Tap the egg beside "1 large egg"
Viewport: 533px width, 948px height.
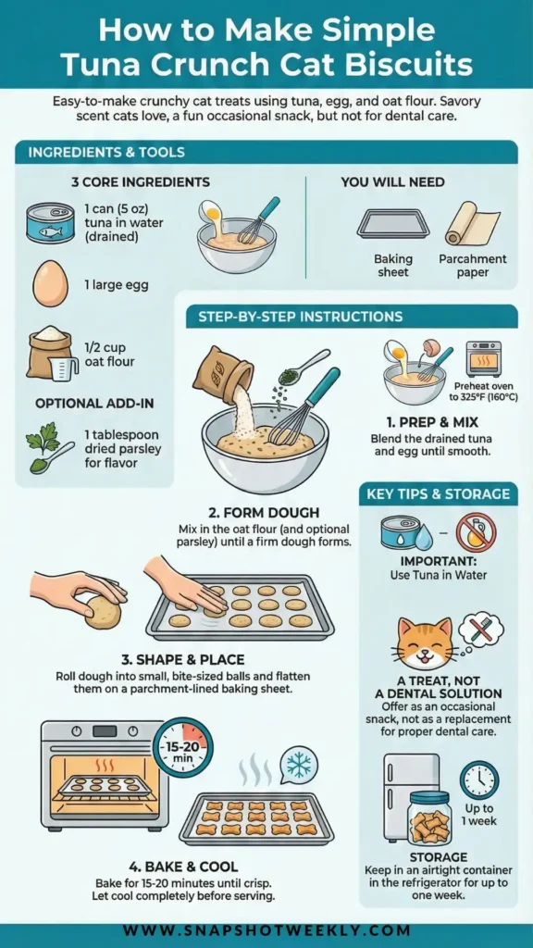(50, 284)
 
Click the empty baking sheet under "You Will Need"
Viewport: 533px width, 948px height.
(392, 224)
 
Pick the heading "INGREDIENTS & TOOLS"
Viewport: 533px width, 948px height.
(106, 153)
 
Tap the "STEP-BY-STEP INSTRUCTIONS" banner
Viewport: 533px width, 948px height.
(301, 317)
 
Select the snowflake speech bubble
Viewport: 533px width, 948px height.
(298, 766)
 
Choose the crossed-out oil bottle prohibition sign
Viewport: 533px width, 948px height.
(477, 532)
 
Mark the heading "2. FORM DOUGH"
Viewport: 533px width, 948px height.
(264, 513)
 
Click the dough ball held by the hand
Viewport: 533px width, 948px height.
(103, 612)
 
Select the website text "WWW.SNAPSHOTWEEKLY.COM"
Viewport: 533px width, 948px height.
(266, 931)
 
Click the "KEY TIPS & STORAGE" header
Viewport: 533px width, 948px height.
(438, 494)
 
